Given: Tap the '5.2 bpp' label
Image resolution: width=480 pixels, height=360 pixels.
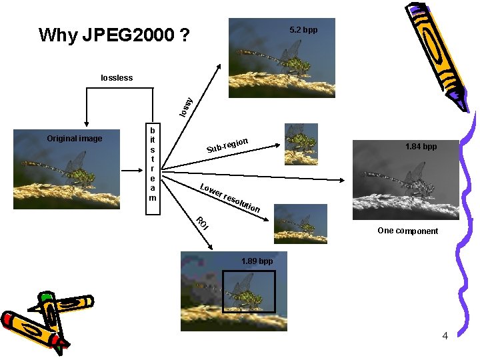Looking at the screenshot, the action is click(x=303, y=31).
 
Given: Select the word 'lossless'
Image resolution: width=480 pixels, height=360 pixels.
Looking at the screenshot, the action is click(x=117, y=78).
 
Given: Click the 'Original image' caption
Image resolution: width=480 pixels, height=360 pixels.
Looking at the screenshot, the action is click(x=75, y=139).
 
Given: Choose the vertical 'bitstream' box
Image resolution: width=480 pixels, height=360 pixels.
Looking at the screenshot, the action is click(x=153, y=169).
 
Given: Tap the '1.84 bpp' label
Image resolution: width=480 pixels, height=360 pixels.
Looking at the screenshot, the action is click(x=421, y=147).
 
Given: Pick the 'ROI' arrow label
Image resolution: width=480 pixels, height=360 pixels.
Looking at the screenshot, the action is click(x=201, y=223).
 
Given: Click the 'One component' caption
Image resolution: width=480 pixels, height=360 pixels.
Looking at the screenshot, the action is click(x=407, y=231).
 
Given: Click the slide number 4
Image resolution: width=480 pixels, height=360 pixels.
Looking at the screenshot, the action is click(x=445, y=335).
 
